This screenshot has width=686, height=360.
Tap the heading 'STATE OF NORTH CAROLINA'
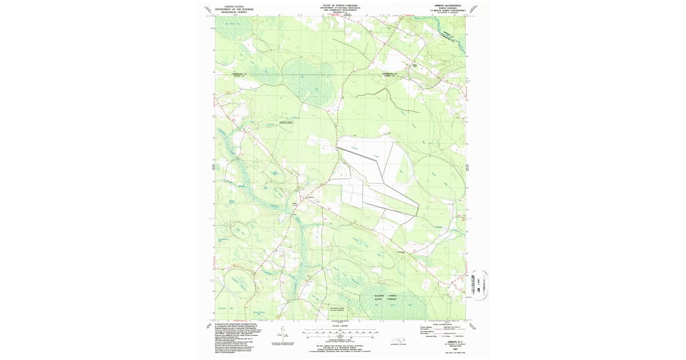[343, 5]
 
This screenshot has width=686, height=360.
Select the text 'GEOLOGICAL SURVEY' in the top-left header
[234, 11]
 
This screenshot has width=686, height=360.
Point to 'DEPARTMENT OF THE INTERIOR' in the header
[234, 9]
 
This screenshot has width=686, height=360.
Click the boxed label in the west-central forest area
[285, 122]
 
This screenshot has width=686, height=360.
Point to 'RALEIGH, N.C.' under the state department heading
[343, 13]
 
